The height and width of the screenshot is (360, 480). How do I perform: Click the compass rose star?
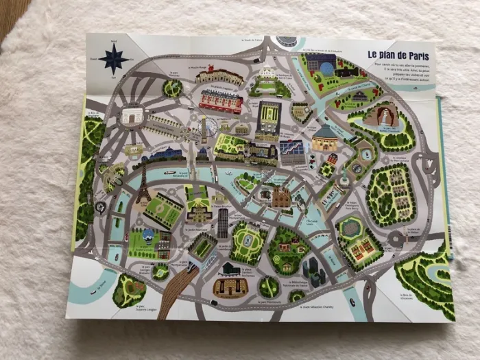click(112, 60)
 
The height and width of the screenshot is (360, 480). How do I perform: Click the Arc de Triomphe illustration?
click(132, 117)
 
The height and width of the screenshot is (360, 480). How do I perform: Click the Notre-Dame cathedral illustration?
click(280, 197)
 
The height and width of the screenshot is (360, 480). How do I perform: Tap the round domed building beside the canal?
click(324, 138)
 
